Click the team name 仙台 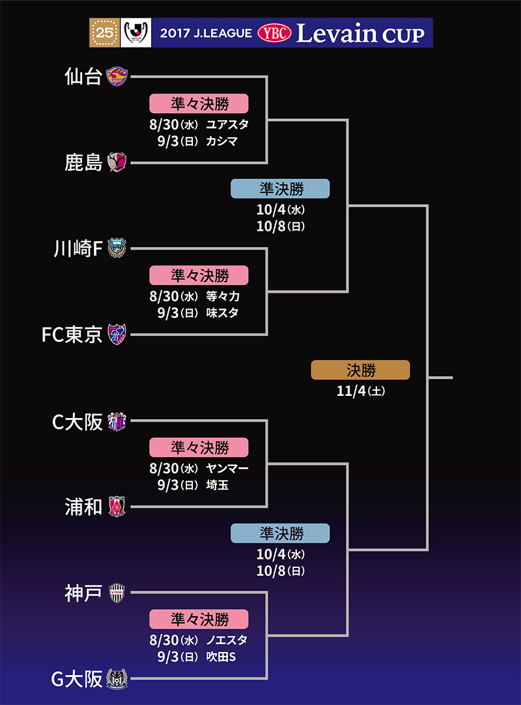(x=83, y=76)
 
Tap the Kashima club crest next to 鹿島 (x=117, y=162)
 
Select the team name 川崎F (x=78, y=249)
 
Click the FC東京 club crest (x=117, y=335)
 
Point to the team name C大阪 (x=77, y=422)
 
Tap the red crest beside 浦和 (x=117, y=507)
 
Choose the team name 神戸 (x=83, y=594)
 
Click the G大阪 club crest (x=117, y=679)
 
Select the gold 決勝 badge (x=360, y=370)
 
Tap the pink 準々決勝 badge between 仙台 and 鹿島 (x=198, y=103)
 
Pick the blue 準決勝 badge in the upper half (x=280, y=189)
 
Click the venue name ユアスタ (x=227, y=124)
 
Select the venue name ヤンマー (x=227, y=468)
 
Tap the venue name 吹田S (x=221, y=656)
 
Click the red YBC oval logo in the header (x=274, y=33)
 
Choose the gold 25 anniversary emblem (x=104, y=33)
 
